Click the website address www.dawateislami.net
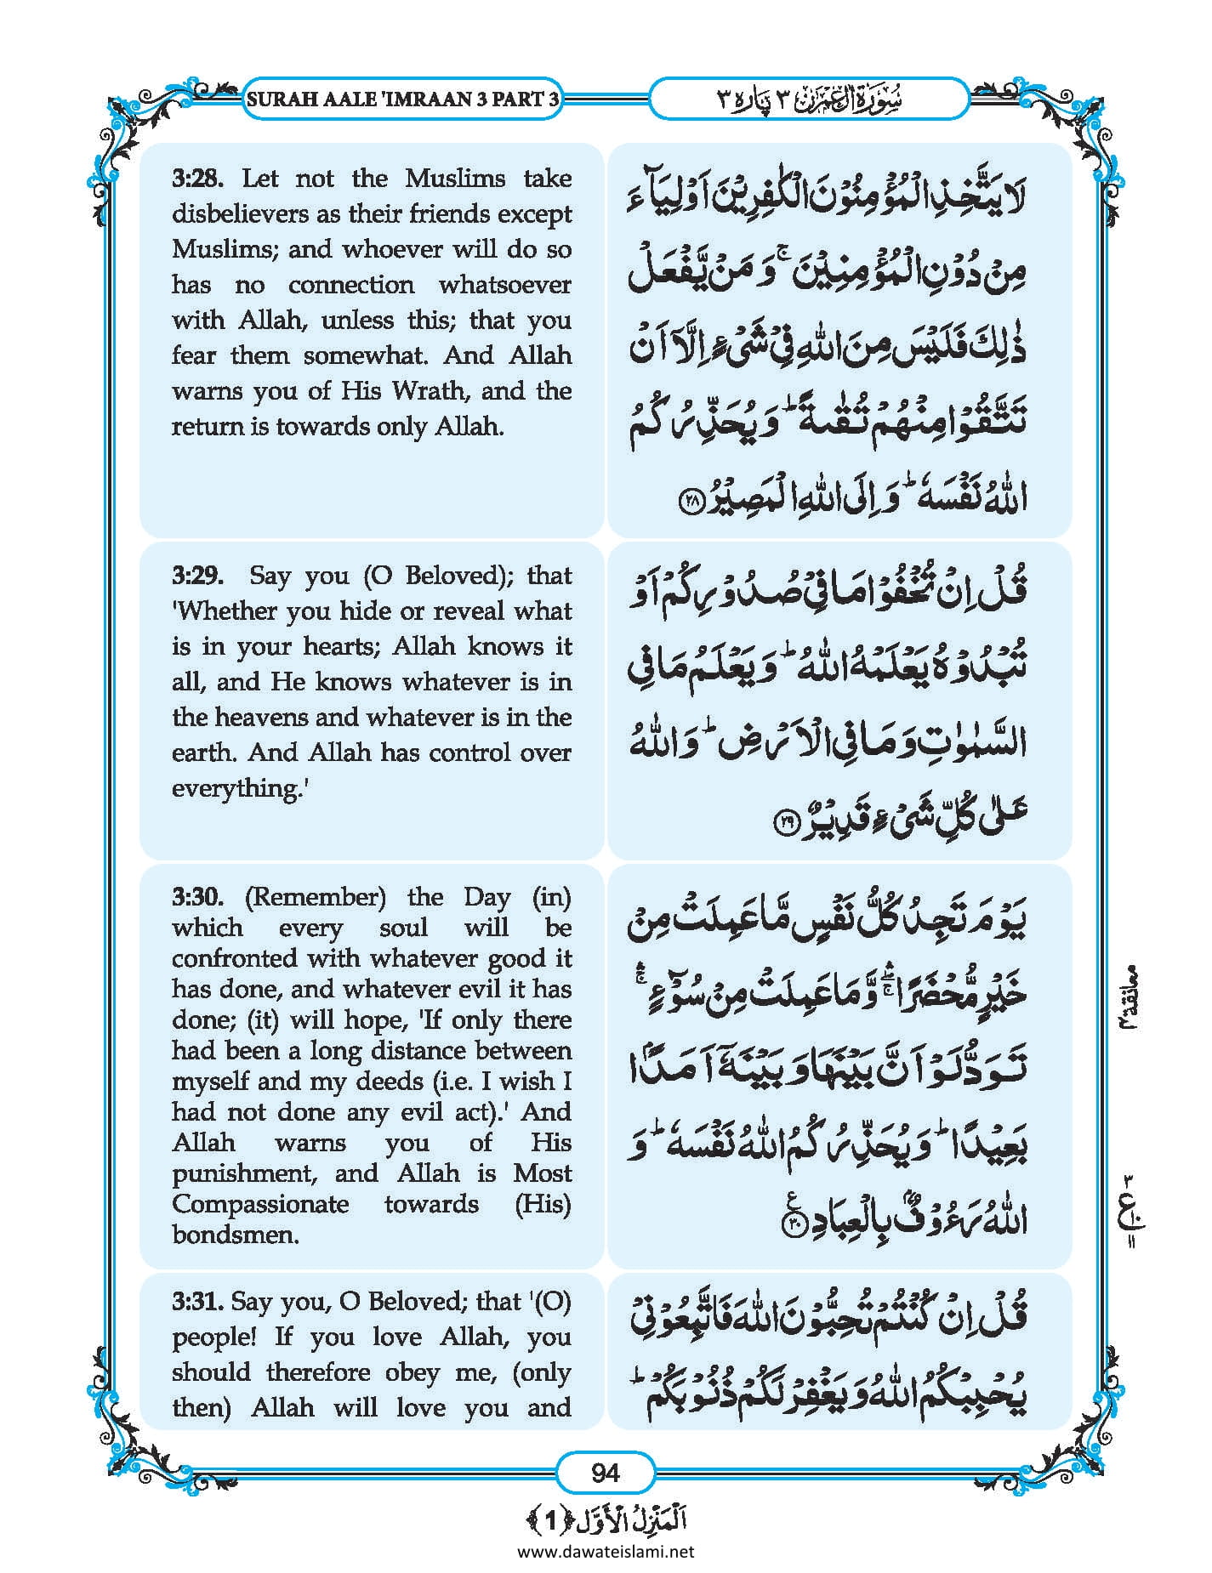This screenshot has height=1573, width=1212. [606, 1552]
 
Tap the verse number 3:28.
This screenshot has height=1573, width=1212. [197, 179]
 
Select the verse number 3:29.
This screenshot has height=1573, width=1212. [197, 576]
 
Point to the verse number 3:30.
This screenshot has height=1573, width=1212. [197, 897]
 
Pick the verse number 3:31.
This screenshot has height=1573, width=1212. [197, 1302]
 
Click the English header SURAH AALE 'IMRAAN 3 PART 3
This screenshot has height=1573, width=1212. [402, 99]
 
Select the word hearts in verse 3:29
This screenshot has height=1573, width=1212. [344, 647]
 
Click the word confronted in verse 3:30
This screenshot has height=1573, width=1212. [235, 959]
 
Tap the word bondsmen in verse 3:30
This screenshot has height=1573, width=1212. [235, 1235]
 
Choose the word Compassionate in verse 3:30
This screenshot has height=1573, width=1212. [260, 1204]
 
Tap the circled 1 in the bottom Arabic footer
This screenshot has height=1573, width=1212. [550, 1519]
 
